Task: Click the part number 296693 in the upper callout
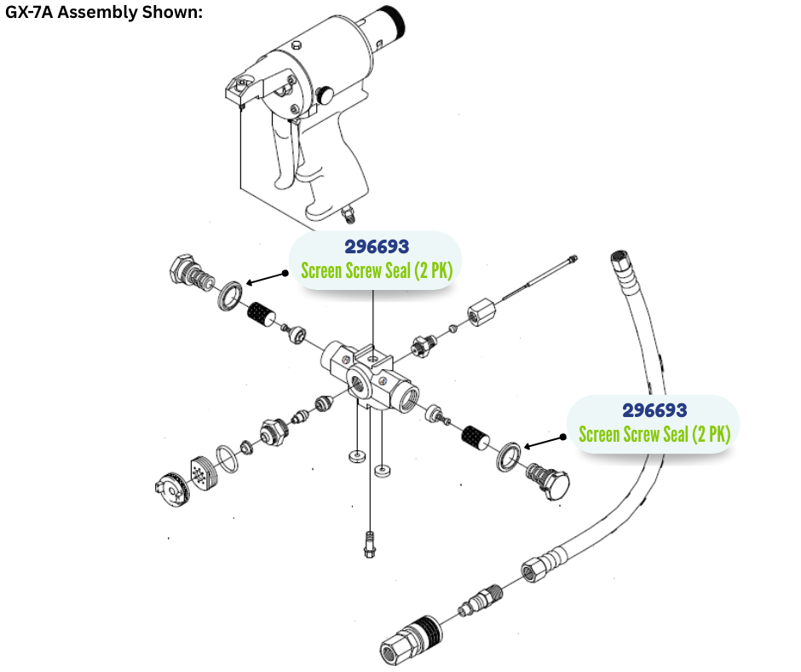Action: pos(377,247)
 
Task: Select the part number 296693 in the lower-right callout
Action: pos(654,410)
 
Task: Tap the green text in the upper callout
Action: pos(376,272)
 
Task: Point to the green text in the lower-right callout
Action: pos(654,434)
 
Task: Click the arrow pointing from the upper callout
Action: pos(268,278)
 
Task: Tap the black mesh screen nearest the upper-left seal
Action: pos(259,318)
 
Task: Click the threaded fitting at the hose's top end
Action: pos(621,262)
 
